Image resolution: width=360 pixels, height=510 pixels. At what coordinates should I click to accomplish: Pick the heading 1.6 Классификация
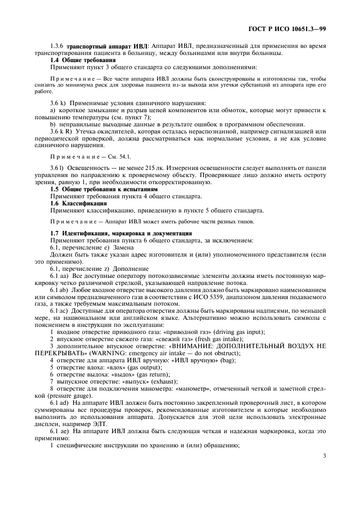click(71, 203)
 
